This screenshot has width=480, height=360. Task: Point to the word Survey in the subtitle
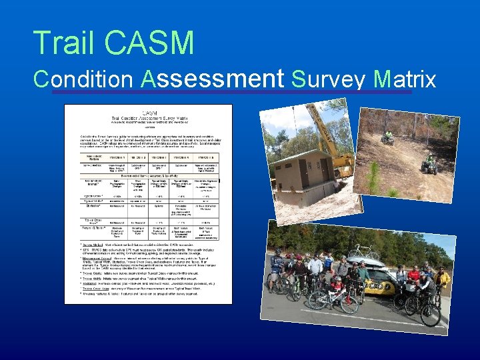(x=329, y=79)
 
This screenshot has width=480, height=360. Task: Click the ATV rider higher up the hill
(x=387, y=137)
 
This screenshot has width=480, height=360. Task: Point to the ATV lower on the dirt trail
(x=429, y=163)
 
